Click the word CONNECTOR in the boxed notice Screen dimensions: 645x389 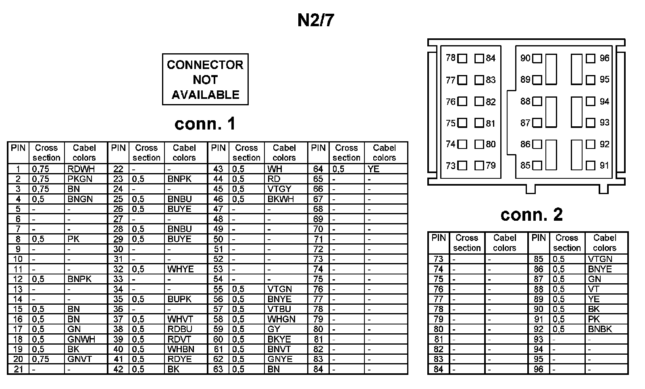pos(205,65)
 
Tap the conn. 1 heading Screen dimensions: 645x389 pos(205,124)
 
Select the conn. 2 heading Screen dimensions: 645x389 pos(531,214)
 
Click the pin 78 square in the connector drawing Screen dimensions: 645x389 pos(462,59)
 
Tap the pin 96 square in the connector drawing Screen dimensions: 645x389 pos(591,59)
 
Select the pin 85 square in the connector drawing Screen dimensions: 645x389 pos(537,165)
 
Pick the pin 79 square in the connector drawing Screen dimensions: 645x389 pos(479,165)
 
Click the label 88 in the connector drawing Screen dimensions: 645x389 pos(525,101)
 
